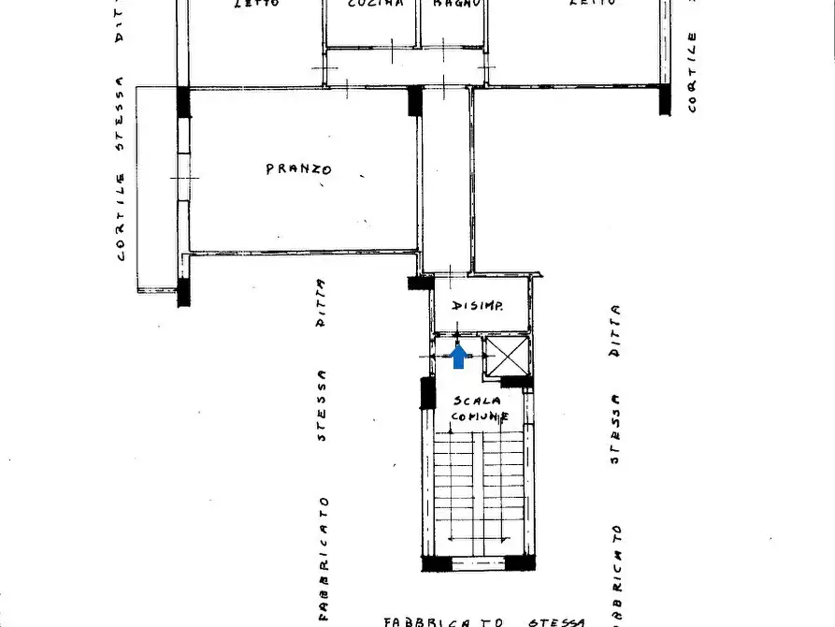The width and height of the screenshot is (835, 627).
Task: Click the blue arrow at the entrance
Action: (459, 357)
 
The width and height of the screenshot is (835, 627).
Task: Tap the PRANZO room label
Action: (298, 169)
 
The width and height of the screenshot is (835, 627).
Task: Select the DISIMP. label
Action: (479, 306)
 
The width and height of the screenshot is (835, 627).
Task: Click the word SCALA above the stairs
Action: (479, 401)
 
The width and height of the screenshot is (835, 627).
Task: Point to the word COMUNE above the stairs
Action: (481, 416)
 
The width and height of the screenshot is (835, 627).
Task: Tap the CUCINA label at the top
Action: (375, 4)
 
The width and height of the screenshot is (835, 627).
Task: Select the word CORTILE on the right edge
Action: (692, 73)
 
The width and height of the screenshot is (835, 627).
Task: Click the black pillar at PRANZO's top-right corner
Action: (415, 100)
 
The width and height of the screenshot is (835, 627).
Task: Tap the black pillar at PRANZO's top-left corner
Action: (183, 101)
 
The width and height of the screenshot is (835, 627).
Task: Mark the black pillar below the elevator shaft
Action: (516, 382)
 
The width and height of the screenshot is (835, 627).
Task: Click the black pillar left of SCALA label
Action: (427, 392)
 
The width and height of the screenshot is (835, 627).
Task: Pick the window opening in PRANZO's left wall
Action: (184, 176)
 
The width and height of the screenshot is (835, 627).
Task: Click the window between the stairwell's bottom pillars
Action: (479, 562)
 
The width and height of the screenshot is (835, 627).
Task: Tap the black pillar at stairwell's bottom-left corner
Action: (435, 562)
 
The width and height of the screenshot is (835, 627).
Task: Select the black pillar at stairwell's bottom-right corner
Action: (519, 562)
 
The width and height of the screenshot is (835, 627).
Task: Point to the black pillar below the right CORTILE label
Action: (665, 99)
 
